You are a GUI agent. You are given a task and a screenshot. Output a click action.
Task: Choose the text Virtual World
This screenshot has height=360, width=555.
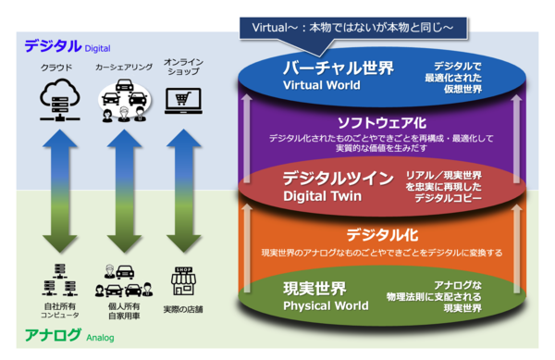coord(326,85)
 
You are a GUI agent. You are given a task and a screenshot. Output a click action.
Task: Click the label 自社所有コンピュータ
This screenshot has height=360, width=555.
coord(59,310)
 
